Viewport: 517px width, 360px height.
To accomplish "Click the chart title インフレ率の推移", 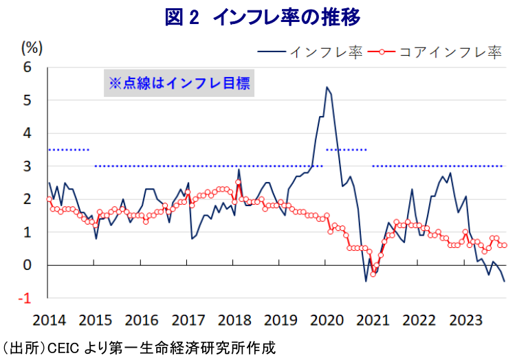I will coord(262,17).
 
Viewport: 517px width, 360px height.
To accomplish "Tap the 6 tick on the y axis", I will coord(28,67).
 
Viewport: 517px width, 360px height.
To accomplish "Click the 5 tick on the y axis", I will coord(28,100).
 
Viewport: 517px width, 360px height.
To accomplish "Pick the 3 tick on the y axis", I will coord(28,166).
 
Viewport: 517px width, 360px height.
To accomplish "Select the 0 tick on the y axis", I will coord(28,265).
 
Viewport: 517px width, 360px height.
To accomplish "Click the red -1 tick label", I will coord(25,298).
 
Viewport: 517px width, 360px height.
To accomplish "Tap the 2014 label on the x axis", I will coord(49,319).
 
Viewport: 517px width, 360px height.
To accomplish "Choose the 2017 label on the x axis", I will coord(188,319).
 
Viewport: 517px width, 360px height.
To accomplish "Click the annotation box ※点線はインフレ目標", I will coord(179,84).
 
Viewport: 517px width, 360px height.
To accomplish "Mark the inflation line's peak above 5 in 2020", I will coord(327,87).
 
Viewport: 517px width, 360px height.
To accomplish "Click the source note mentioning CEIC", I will coord(138,348).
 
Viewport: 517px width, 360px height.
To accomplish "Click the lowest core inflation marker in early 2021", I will coord(373,273).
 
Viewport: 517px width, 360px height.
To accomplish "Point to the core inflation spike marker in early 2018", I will coord(238,183).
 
